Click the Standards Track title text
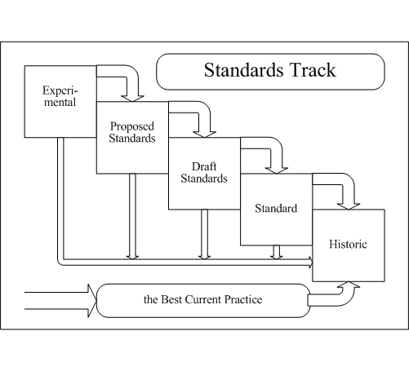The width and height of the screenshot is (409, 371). (270, 70)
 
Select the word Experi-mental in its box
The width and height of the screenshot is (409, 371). (60, 96)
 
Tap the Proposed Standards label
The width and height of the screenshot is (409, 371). (132, 132)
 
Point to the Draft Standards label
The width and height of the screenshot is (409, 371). (204, 172)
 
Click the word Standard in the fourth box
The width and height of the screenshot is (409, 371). (276, 209)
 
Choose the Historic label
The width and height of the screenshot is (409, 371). (348, 244)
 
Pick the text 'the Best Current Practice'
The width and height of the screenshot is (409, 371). (203, 299)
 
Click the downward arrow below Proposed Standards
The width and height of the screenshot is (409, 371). (132, 216)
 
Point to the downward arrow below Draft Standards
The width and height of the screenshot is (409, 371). (204, 234)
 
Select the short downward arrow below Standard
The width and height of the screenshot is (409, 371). (277, 252)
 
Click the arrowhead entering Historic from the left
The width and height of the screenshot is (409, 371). (310, 262)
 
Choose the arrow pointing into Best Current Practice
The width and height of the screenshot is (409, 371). (60, 301)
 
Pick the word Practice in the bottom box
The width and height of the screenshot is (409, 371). (243, 299)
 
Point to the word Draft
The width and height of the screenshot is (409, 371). (204, 166)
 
